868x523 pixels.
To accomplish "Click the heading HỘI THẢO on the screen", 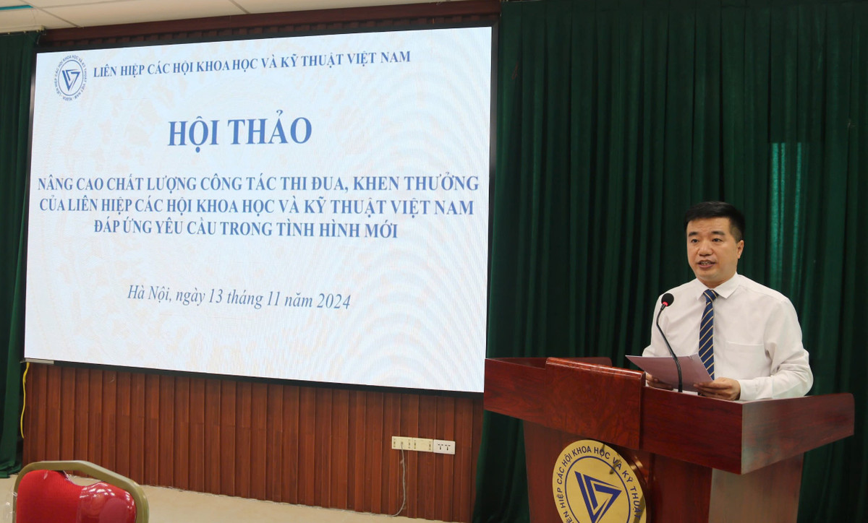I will [x=240, y=131].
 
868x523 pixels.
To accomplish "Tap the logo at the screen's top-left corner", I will [x=71, y=77].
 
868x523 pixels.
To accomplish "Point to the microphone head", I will [x=667, y=299].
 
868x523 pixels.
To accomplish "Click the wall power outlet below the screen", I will [x=422, y=445].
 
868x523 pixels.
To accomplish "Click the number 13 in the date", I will [x=216, y=297].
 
